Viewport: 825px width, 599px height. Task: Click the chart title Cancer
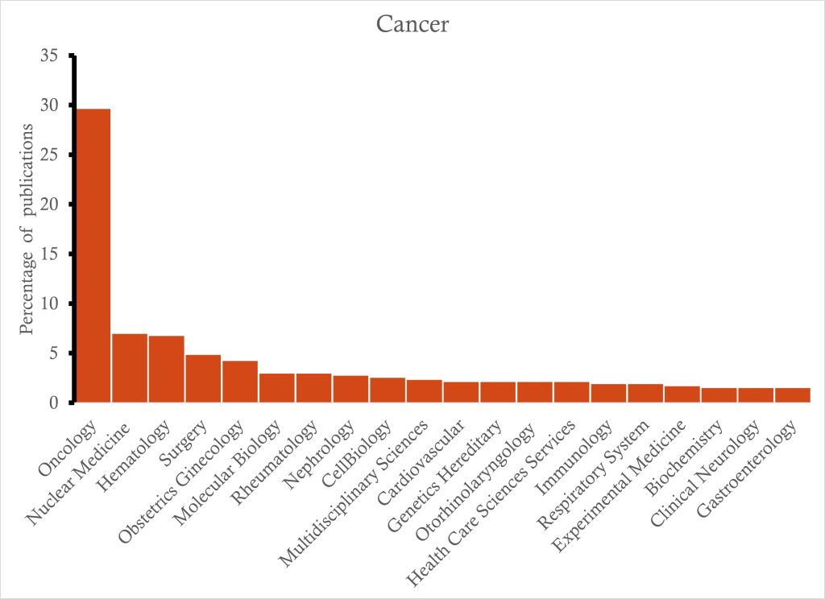[412, 24]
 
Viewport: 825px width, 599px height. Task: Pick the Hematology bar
[167, 368]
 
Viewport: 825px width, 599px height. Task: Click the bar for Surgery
[203, 378]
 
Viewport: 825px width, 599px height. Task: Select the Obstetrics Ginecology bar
[240, 381]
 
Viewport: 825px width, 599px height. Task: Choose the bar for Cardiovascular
[461, 391]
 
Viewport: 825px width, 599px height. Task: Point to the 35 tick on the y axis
[49, 56]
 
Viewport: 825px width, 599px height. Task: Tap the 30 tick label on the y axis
[49, 105]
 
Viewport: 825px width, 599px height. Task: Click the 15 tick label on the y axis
[49, 254]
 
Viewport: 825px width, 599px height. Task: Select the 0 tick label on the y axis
[53, 403]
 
